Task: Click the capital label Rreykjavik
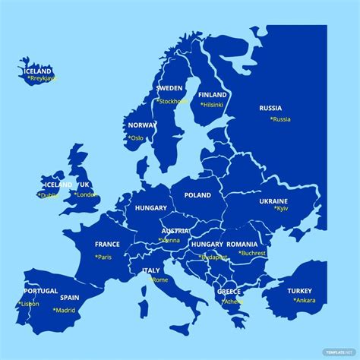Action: point(42,77)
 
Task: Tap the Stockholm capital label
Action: point(172,100)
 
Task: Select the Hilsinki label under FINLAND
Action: point(213,104)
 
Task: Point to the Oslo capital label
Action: point(137,138)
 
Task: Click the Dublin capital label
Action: point(49,195)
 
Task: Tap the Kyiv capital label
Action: point(281,208)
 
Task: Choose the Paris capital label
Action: point(103,257)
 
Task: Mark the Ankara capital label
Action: point(305,299)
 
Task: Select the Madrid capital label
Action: point(65,310)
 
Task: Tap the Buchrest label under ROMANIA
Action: point(252,253)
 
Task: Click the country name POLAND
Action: point(197,195)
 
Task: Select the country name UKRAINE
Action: point(274,201)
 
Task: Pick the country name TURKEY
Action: point(299,291)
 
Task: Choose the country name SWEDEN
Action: point(169,88)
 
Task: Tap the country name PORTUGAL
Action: point(41,291)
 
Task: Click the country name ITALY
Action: point(151,270)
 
